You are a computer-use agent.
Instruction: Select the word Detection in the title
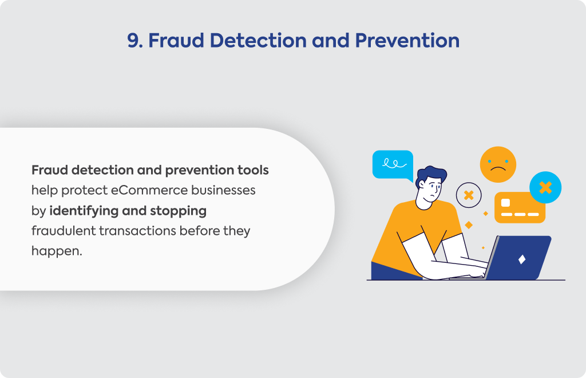pyautogui.click(x=258, y=41)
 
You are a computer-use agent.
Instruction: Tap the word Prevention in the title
pyautogui.click(x=407, y=41)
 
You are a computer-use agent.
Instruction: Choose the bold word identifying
pyautogui.click(x=84, y=211)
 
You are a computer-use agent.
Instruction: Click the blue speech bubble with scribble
pyautogui.click(x=393, y=166)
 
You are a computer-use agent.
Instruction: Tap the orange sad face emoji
pyautogui.click(x=498, y=164)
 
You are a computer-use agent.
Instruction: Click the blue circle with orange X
pyautogui.click(x=545, y=187)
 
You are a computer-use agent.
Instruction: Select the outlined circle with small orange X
pyautogui.click(x=469, y=195)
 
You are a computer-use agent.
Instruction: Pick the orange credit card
pyautogui.click(x=520, y=208)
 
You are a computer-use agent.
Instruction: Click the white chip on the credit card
pyautogui.click(x=505, y=203)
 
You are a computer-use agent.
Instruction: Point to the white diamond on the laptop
pyautogui.click(x=522, y=259)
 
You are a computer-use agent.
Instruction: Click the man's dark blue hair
pyautogui.click(x=430, y=175)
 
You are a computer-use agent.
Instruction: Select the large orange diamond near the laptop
pyautogui.click(x=468, y=225)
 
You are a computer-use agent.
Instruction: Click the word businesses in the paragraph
pyautogui.click(x=223, y=190)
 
